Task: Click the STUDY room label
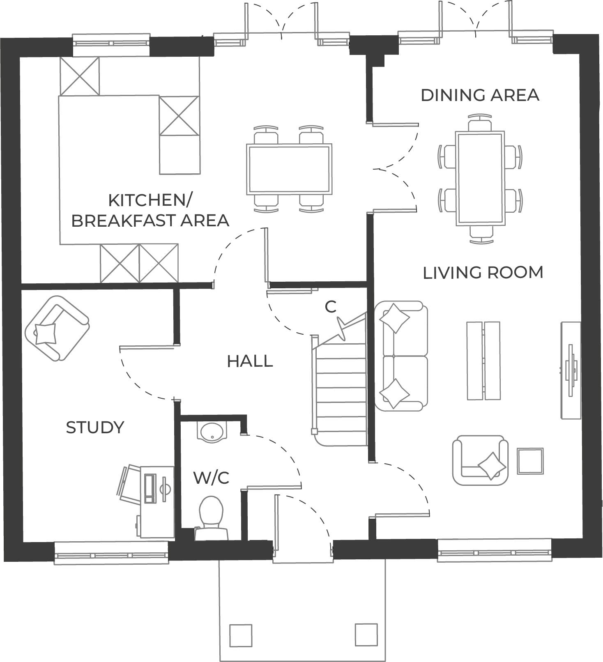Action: point(95,428)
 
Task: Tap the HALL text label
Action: point(250,361)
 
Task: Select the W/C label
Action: point(211,478)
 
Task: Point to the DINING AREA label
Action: point(480,95)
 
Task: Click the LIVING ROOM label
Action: point(483,273)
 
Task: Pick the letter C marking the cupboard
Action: point(330,306)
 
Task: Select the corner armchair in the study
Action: point(57,328)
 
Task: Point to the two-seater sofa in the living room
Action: point(401,356)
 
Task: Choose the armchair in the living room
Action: point(480,460)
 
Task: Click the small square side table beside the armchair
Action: point(530,461)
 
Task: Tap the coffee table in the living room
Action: point(483,361)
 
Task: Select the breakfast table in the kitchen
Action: point(289,169)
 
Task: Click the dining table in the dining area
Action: point(480,178)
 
